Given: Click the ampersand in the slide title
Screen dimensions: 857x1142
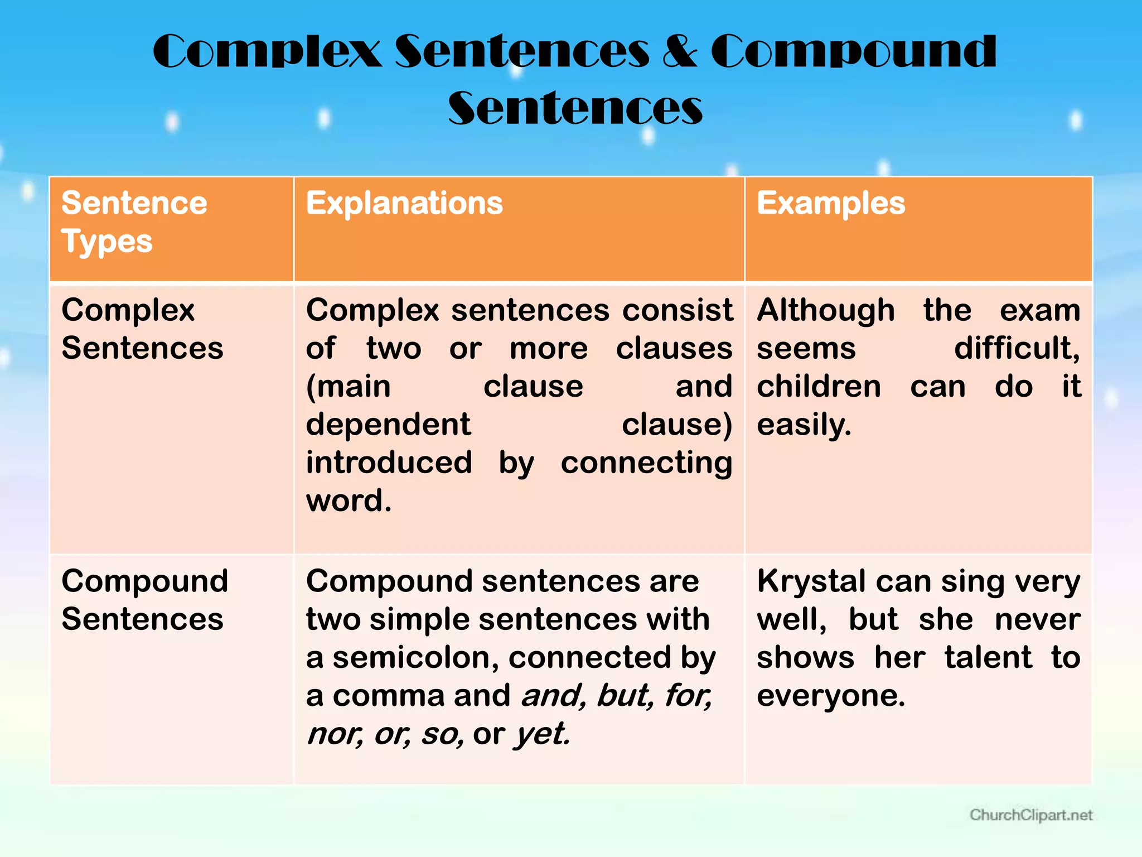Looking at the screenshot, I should click(x=679, y=51).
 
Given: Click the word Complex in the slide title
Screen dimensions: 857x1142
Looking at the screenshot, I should click(x=267, y=51).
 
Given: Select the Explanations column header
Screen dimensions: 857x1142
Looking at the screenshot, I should click(x=404, y=203).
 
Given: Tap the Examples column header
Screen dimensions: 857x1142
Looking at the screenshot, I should click(x=830, y=203).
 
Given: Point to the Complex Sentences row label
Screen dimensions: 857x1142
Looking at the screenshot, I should click(x=142, y=329).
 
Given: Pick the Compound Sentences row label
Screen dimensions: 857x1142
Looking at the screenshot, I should click(x=144, y=600).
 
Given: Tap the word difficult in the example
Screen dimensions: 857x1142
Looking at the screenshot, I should click(x=1017, y=349).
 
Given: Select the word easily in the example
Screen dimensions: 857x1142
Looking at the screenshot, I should click(x=804, y=425).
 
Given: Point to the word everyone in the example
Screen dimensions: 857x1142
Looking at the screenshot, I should click(x=830, y=696).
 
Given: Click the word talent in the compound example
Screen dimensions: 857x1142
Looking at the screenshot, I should click(x=988, y=657).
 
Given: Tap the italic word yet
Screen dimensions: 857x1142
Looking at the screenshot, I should click(x=541, y=734).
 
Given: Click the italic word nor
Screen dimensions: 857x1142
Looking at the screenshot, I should click(x=334, y=734).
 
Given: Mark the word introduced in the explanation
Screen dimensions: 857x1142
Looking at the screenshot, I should click(x=389, y=463).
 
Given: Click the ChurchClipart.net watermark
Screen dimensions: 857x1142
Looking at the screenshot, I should click(x=1030, y=815).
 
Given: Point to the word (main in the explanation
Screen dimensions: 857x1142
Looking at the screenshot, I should click(x=348, y=387).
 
